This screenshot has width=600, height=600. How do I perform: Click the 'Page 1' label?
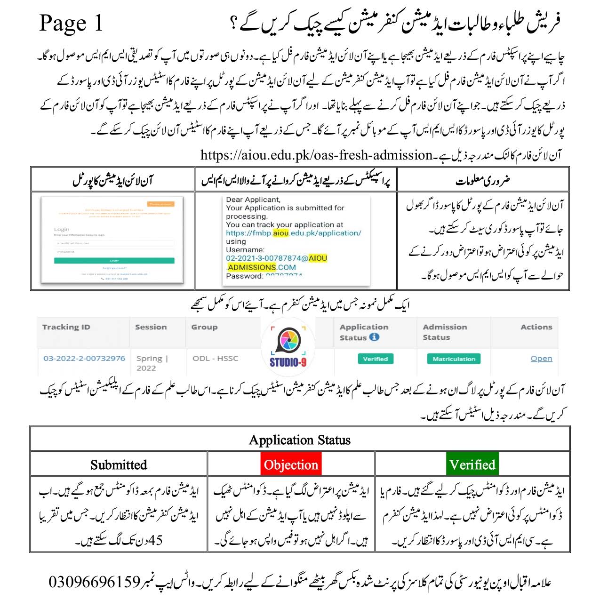click(x=71, y=23)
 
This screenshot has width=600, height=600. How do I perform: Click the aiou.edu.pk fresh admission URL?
click(x=316, y=155)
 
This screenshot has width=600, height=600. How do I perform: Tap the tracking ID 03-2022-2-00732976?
click(x=84, y=358)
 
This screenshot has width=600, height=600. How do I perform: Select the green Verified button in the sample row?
click(x=375, y=359)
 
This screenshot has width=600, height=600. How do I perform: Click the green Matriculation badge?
click(x=454, y=359)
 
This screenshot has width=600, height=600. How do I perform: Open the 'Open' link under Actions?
click(x=541, y=359)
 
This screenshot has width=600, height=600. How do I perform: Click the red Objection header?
click(x=291, y=464)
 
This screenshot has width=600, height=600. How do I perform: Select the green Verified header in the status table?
click(x=472, y=464)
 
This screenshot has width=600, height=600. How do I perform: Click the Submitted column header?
click(x=119, y=464)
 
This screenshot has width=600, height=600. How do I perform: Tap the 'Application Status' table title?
click(x=300, y=440)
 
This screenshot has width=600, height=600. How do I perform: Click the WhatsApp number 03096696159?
click(x=95, y=582)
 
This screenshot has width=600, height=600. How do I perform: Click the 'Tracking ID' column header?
click(x=66, y=327)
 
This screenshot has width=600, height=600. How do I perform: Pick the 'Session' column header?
click(x=151, y=327)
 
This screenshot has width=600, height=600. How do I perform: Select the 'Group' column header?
click(x=204, y=327)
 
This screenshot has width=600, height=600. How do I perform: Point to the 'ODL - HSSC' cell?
click(x=215, y=358)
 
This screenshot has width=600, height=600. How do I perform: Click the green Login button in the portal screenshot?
click(x=114, y=260)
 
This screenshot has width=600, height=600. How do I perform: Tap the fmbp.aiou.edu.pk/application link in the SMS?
click(x=293, y=233)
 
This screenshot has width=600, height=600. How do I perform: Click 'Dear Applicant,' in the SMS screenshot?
click(x=253, y=200)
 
